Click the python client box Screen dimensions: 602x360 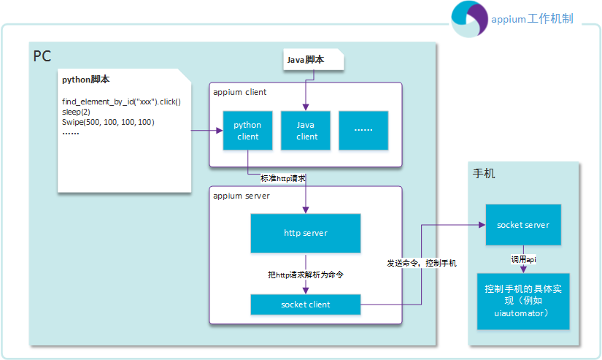(247, 131)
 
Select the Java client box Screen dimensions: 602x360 (306, 131)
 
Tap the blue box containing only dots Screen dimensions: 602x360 (363, 131)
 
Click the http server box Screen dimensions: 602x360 (306, 233)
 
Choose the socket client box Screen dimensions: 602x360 (306, 305)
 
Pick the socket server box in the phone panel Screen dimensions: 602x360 (523, 225)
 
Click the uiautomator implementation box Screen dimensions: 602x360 (523, 301)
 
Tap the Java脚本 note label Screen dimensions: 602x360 (306, 60)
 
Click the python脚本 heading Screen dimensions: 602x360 (85, 80)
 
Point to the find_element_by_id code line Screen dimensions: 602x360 (121, 102)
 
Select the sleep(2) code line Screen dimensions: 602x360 (76, 112)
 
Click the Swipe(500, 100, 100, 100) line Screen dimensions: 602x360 (108, 122)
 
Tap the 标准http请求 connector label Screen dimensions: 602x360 (283, 178)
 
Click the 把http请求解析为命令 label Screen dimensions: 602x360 (306, 275)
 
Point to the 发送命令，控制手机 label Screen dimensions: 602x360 (422, 263)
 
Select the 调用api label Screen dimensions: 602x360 (523, 260)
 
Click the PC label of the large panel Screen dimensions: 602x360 (42, 56)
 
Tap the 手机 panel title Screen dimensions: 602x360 (484, 173)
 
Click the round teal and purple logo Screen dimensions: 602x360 (469, 19)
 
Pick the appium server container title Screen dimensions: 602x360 (242, 196)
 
